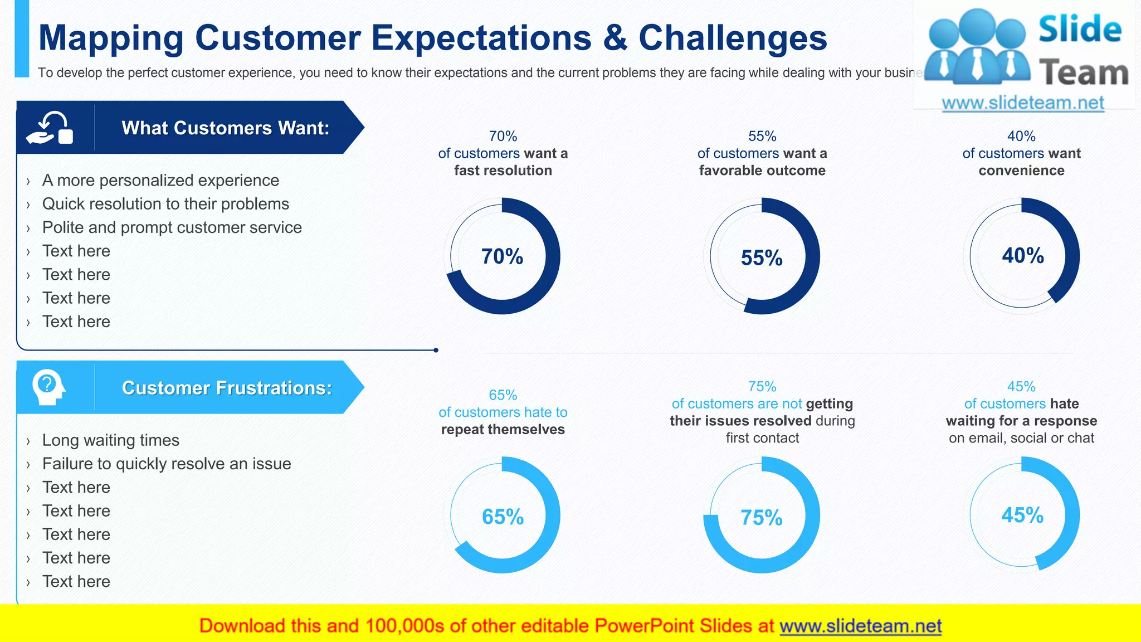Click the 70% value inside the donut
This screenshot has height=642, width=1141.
(502, 256)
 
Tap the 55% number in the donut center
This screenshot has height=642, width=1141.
(762, 258)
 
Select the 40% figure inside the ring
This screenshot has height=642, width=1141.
(1023, 256)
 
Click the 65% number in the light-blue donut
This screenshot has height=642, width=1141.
(503, 517)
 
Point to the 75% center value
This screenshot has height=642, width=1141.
(762, 518)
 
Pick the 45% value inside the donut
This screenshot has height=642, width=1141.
(1022, 515)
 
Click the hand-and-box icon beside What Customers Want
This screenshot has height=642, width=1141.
(50, 128)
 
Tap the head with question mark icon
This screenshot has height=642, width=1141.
(49, 387)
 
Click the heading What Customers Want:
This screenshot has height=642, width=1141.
(226, 128)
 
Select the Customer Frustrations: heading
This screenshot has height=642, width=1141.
(227, 388)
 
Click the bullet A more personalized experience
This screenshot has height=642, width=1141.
(160, 181)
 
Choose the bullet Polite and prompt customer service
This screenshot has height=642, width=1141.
(172, 227)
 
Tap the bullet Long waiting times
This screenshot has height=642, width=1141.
(110, 440)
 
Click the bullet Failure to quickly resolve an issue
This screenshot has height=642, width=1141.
(167, 464)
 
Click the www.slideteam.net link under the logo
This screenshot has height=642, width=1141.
(1023, 103)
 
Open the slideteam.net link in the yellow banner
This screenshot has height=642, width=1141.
(860, 626)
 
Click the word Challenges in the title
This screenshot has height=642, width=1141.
(733, 38)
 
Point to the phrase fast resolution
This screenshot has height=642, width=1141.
(503, 171)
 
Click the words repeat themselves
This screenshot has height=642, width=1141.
(503, 430)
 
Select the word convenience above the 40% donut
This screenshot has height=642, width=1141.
(1021, 171)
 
